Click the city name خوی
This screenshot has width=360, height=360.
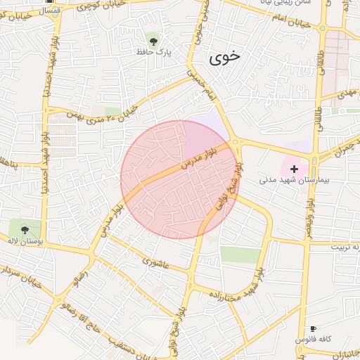tap(225, 58)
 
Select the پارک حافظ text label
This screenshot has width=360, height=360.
tap(153, 51)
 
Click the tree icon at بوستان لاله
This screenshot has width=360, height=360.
tap(25, 229)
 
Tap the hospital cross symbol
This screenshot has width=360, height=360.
tap(294, 169)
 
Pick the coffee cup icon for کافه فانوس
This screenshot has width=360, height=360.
tap(313, 328)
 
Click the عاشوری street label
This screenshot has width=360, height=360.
tap(156, 262)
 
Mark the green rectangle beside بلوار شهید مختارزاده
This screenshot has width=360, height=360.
tap(240, 255)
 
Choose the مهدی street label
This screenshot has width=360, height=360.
tap(348, 92)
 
